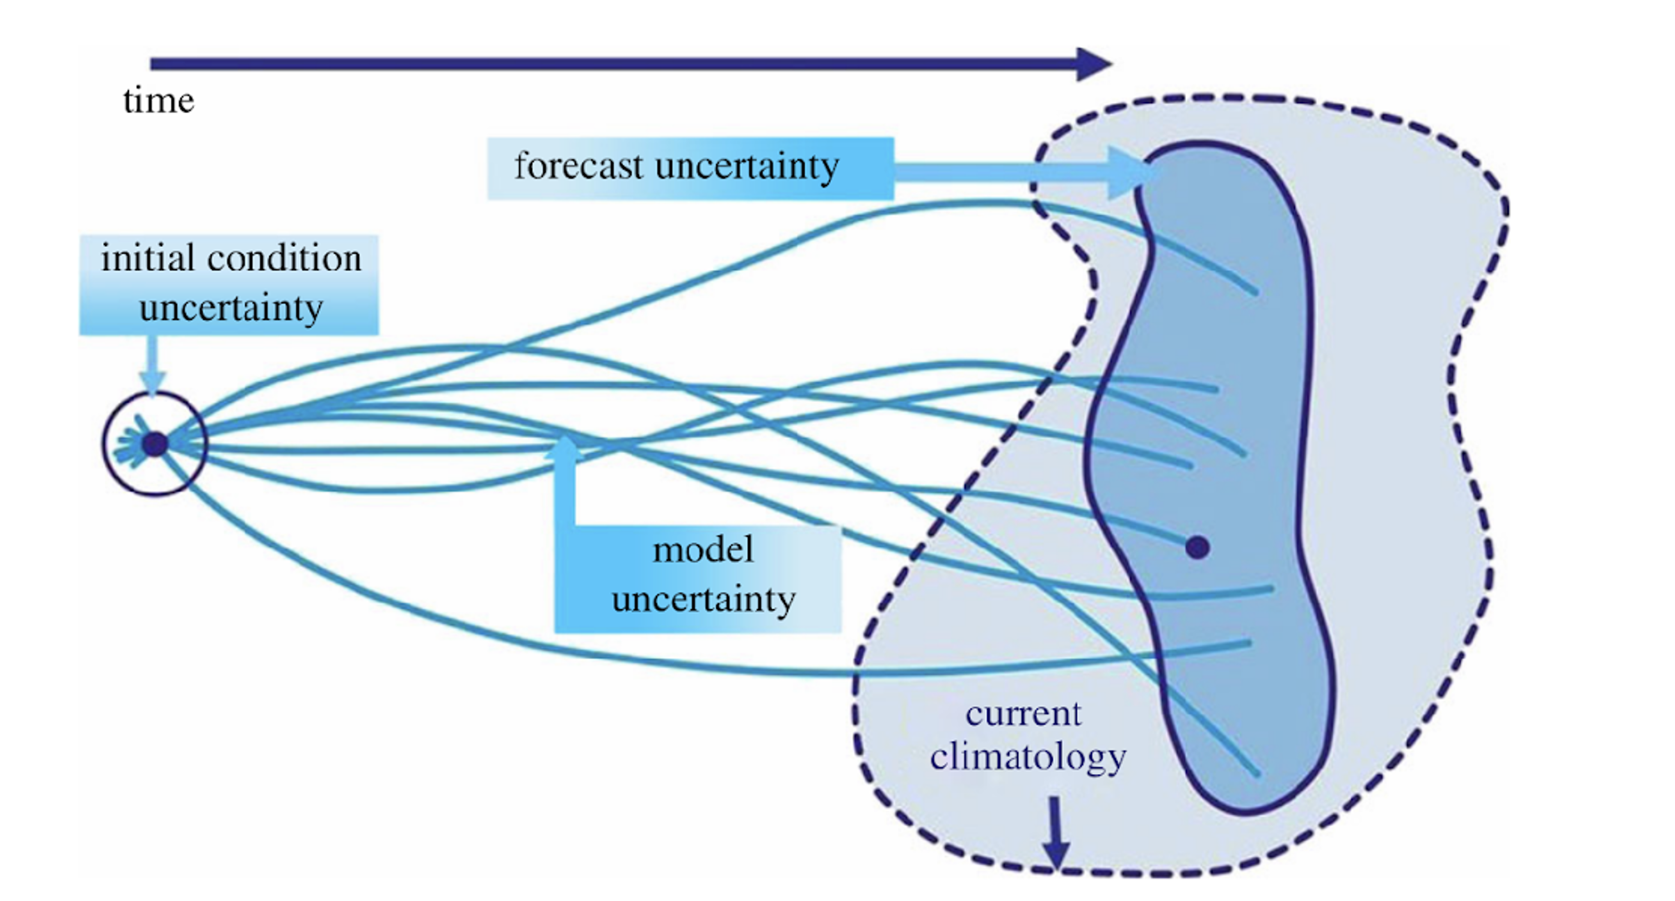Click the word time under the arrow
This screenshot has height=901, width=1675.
(159, 101)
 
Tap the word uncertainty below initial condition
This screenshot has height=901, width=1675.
(231, 308)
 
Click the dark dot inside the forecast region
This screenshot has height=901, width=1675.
(1197, 548)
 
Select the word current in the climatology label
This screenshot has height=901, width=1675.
(1023, 714)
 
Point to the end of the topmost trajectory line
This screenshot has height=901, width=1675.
(1255, 292)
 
